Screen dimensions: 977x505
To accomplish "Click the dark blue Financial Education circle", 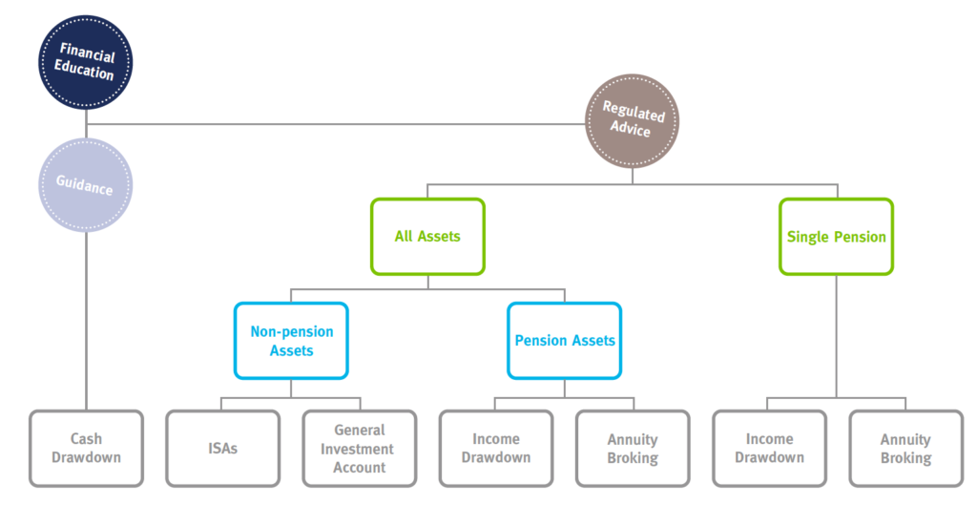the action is click(85, 62).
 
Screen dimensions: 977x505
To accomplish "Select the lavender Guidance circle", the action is click(85, 185).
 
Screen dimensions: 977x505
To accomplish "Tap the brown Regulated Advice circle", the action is click(632, 121).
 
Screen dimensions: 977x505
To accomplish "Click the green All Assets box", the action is click(427, 237).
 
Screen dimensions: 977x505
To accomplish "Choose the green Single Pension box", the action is click(836, 237).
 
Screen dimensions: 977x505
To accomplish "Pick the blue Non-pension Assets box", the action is click(291, 341).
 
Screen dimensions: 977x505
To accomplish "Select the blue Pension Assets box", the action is click(565, 341).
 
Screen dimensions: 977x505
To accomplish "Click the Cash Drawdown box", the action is click(86, 449).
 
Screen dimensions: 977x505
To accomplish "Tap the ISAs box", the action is click(222, 449).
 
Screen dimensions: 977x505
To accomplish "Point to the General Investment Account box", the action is click(360, 449).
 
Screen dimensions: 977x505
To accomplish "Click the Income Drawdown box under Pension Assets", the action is click(496, 449).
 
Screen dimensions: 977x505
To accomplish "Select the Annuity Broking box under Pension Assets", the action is click(633, 449).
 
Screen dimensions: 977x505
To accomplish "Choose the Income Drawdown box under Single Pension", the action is click(770, 449).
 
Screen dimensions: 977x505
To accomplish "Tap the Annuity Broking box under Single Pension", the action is click(906, 449).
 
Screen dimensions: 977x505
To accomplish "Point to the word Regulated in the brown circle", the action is click(634, 112).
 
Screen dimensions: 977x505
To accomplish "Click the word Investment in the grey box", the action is click(357, 449).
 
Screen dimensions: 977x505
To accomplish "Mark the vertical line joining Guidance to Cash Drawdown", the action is click(86, 321).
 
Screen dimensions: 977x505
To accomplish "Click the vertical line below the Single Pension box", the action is click(836, 336).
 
